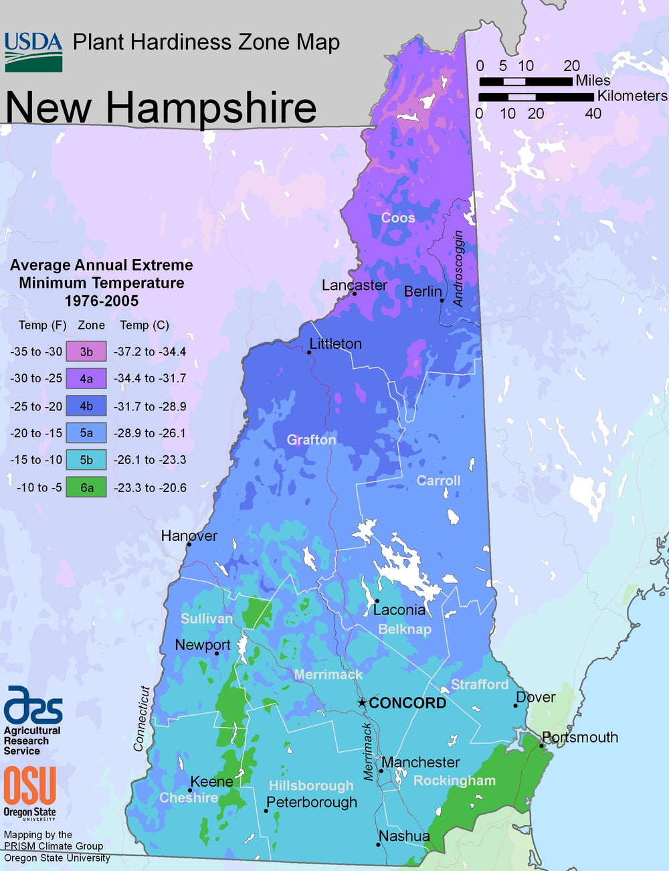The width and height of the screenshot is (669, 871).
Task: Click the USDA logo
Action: [33, 52]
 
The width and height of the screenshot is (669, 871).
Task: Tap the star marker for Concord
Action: [362, 702]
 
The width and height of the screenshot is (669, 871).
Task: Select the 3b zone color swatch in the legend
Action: [86, 351]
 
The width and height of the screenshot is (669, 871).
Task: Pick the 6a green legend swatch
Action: [86, 487]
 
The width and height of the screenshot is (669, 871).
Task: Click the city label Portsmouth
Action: [579, 737]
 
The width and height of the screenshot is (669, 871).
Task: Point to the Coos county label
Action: [398, 218]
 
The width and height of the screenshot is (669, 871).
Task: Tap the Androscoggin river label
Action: [458, 268]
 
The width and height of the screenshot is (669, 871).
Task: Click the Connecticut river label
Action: [141, 718]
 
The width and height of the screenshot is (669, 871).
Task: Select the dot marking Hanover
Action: [189, 544]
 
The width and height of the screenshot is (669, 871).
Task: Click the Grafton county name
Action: [311, 439]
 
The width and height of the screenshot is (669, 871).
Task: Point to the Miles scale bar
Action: [525, 82]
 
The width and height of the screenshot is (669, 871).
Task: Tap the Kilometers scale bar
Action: [535, 97]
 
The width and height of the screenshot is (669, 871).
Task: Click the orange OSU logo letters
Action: [29, 787]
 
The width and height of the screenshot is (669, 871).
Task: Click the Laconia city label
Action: [399, 609]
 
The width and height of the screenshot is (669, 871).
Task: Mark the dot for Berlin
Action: [442, 301]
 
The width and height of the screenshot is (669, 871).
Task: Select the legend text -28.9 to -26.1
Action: [150, 433]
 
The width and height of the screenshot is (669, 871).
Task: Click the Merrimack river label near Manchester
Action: [368, 751]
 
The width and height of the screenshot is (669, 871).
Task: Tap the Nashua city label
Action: [404, 836]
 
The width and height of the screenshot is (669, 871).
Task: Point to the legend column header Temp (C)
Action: [145, 325]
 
